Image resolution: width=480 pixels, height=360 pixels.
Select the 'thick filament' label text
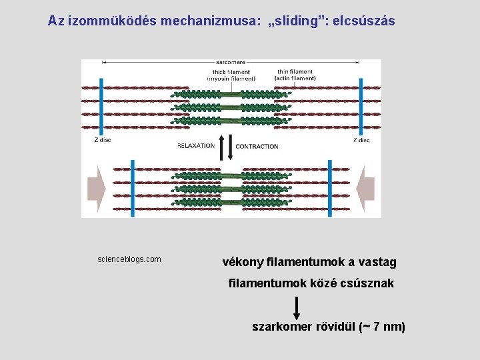point(231,72)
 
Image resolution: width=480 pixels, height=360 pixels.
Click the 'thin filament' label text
point(295,72)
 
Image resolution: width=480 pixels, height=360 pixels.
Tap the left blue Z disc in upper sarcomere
point(101,107)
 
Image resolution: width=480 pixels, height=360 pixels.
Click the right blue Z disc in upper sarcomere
point(361,107)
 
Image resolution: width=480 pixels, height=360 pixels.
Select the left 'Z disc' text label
point(103,140)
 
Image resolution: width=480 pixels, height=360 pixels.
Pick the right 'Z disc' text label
point(361,140)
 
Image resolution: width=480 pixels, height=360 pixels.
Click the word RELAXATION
point(196,145)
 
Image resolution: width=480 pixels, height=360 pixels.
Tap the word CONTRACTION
point(257,146)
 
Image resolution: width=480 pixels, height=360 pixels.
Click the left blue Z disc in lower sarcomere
point(133,187)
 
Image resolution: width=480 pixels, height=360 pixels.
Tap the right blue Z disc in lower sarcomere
point(329,187)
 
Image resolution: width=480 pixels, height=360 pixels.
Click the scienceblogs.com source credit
point(129,259)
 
